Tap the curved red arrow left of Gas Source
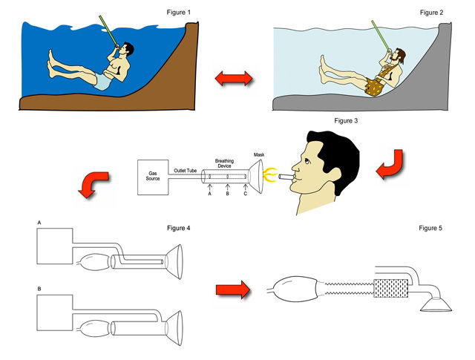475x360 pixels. (95, 184)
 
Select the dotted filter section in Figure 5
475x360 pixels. (390, 288)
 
